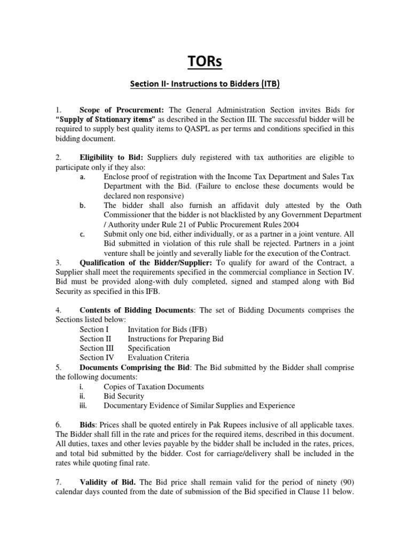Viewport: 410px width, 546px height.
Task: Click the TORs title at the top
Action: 205,62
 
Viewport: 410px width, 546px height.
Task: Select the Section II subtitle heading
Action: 205,84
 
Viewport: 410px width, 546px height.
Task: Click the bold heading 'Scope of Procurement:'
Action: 117,109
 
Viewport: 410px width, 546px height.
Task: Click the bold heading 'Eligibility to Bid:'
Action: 111,157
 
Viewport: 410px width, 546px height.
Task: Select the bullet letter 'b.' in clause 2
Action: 83,205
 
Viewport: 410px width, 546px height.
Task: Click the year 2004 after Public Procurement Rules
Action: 291,224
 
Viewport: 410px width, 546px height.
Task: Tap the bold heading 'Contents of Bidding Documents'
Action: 136,310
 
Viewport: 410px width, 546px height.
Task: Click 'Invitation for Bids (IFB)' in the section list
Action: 168,330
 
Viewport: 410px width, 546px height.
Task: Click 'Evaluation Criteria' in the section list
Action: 158,358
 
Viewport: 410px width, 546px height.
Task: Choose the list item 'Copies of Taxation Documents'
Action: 154,387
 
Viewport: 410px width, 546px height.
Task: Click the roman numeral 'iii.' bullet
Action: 83,406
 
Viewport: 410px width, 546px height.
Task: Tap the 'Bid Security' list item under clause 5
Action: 123,396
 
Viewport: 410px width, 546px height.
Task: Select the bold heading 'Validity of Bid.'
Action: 109,483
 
